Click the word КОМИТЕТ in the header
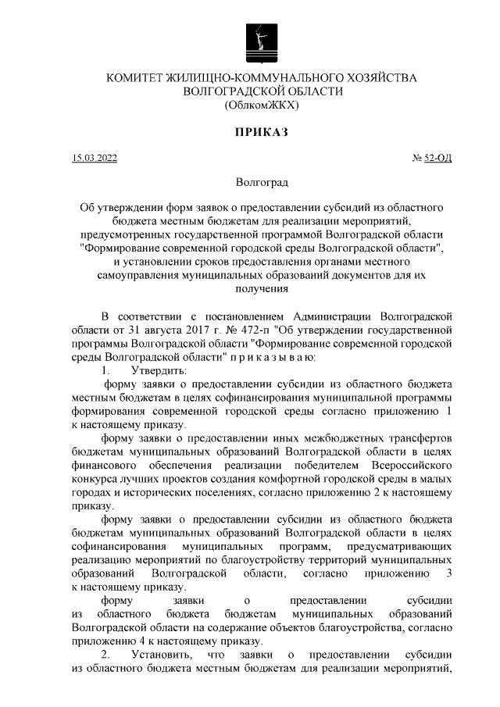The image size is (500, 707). [134, 78]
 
